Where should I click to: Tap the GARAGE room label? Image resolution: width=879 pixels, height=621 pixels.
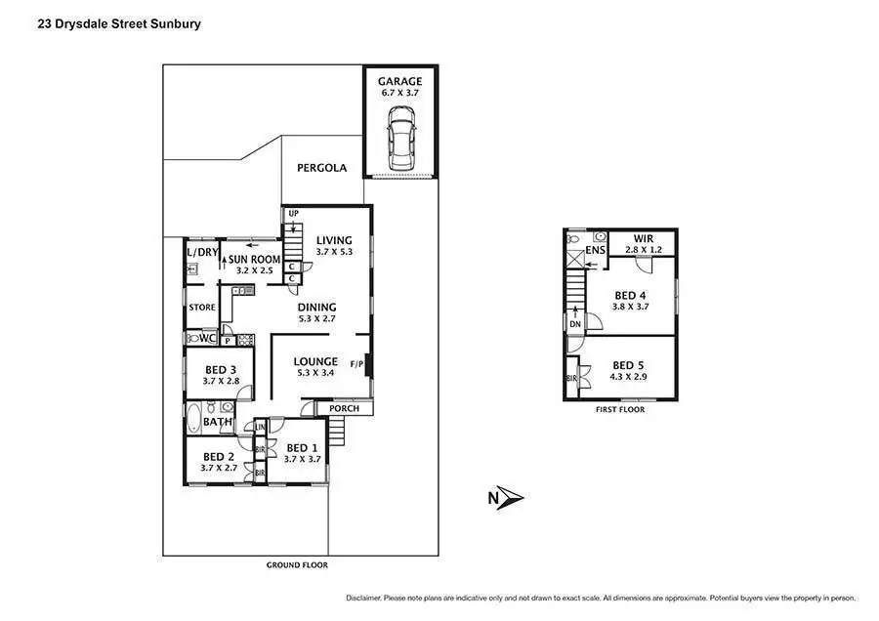click(x=400, y=81)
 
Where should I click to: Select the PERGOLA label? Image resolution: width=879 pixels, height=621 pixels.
click(x=322, y=168)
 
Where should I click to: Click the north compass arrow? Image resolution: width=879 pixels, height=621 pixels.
click(x=508, y=498)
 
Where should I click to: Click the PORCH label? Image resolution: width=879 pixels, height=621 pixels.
click(x=344, y=408)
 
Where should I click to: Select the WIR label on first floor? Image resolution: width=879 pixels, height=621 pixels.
click(x=643, y=238)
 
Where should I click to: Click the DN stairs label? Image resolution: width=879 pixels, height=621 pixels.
click(x=575, y=324)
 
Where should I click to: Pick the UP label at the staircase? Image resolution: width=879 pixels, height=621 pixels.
click(x=293, y=214)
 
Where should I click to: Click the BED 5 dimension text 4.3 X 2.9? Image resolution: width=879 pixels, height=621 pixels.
click(x=629, y=376)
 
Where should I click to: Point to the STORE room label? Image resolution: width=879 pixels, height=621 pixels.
click(x=202, y=308)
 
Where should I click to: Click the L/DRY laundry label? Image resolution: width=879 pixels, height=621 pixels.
click(x=200, y=252)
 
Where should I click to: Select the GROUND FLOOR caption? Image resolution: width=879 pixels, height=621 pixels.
click(x=297, y=565)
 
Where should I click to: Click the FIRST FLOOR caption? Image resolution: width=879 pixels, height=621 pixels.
click(x=619, y=409)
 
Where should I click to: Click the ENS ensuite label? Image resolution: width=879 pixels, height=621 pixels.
click(x=596, y=252)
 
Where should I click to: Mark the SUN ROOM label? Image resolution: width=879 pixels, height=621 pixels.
click(x=255, y=260)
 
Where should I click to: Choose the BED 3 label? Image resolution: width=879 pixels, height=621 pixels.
click(x=219, y=370)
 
